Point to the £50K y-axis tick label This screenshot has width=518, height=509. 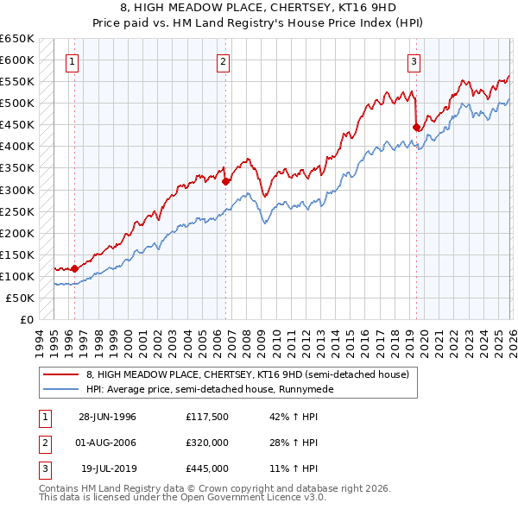19,298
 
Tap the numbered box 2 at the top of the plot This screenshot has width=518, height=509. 223,61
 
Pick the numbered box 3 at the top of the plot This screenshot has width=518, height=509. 414,61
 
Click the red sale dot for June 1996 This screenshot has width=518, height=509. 75,268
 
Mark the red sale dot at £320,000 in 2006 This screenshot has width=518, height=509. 225,181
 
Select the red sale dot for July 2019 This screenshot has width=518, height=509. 416,127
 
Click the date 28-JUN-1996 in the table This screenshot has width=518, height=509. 107,417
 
